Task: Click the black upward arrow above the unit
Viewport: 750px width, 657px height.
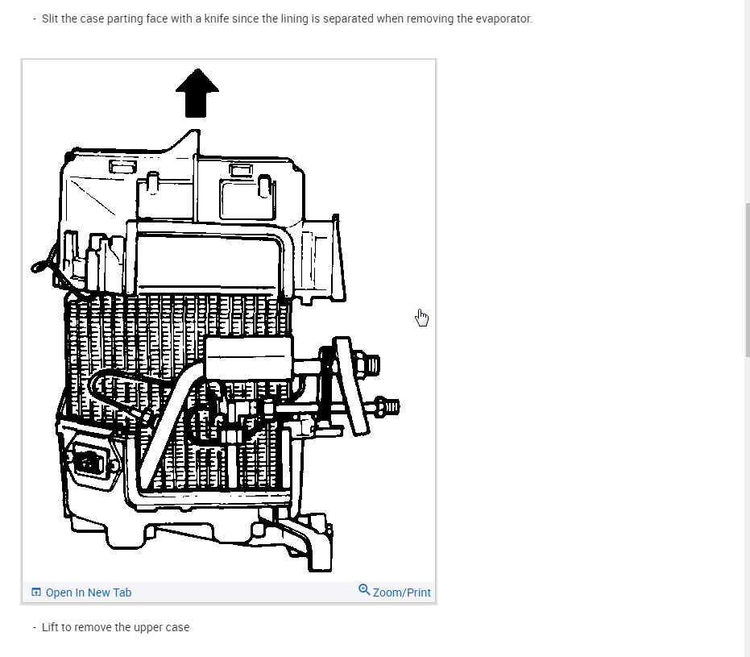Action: [x=197, y=93]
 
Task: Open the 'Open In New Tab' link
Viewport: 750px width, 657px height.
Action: [x=88, y=593]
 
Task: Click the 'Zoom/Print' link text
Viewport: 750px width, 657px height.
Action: [x=401, y=593]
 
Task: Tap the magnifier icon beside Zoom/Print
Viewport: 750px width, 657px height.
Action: [x=364, y=590]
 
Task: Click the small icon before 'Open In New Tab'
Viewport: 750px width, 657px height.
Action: [x=36, y=593]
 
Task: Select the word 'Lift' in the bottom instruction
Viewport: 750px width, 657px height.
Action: [x=51, y=627]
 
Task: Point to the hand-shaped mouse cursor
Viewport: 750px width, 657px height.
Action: [x=422, y=318]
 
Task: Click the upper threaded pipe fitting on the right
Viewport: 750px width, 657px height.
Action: [x=369, y=364]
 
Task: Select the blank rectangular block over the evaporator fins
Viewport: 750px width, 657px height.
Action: [x=247, y=356]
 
